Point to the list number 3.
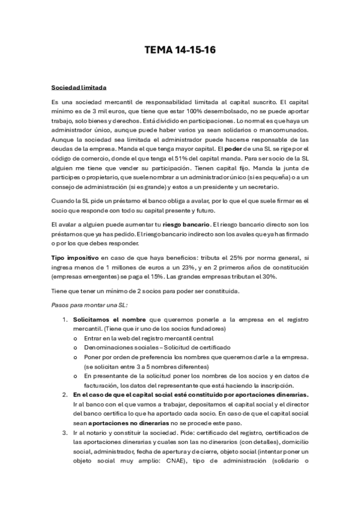tap(65, 433)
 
